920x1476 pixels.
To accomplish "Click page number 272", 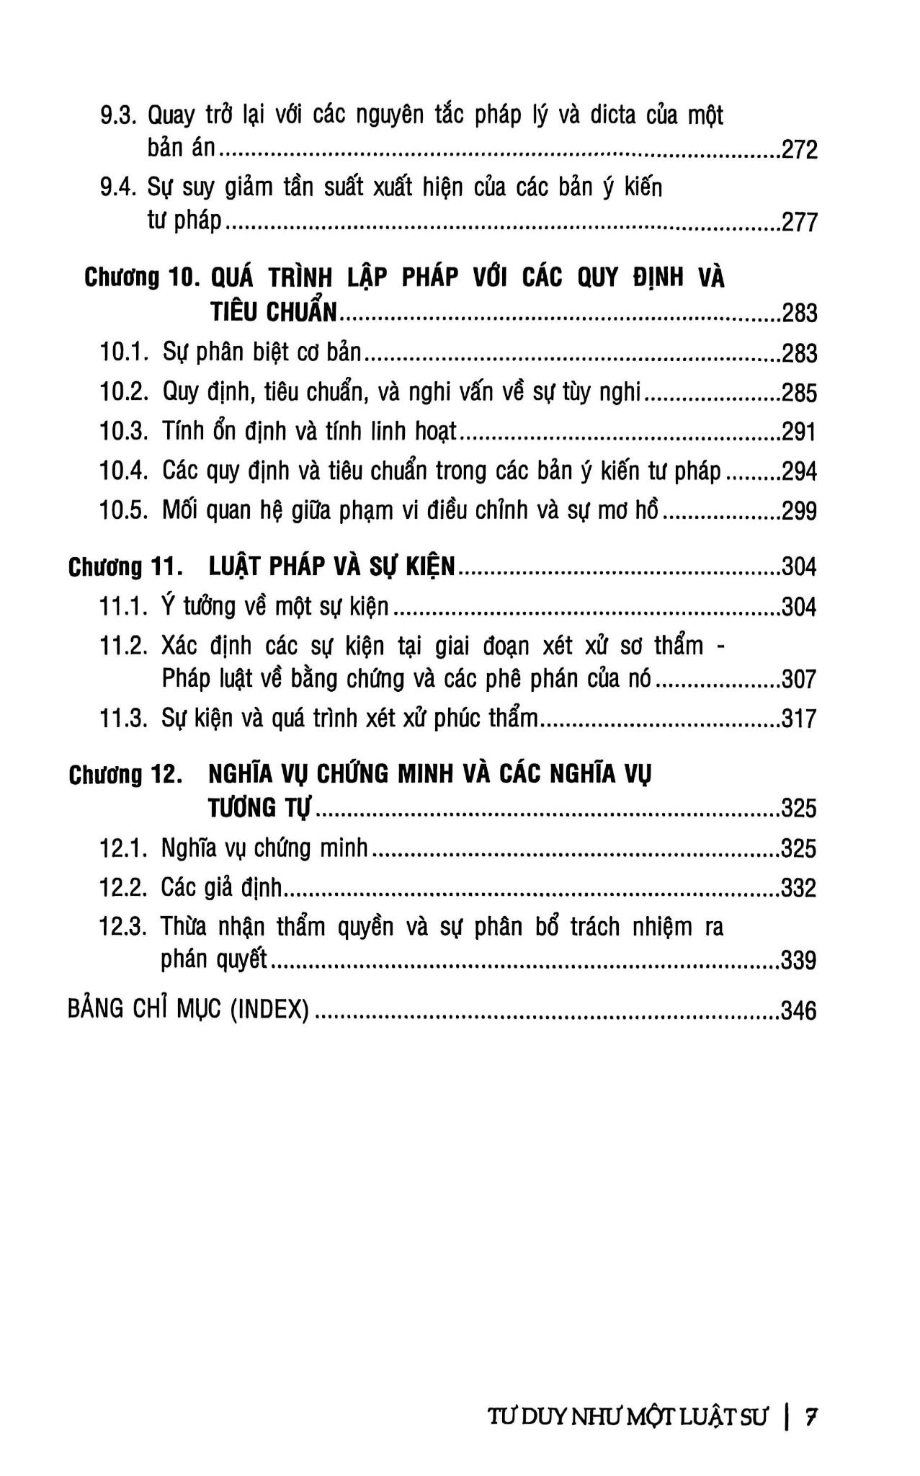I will [799, 150].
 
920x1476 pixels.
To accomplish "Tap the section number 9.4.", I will [118, 188].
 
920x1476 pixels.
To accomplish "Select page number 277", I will [799, 222].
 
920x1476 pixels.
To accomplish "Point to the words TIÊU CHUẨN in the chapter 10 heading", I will [274, 312].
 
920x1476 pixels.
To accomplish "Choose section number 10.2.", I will [124, 393].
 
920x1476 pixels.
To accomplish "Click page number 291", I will [799, 432].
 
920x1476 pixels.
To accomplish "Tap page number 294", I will [799, 472].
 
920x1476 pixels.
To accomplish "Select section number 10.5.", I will [124, 511].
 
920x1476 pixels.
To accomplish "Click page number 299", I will [799, 512].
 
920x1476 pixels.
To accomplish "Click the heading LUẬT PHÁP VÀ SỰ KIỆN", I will [332, 567].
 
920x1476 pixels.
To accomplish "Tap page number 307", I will [799, 680].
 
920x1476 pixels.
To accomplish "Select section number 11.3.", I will [123, 719].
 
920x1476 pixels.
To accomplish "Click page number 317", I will [799, 719].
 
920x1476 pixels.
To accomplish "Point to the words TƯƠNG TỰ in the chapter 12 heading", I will [260, 808].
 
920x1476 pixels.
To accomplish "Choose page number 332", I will [799, 888].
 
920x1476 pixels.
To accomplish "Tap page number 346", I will [799, 1011].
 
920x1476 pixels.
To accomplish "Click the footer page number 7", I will [811, 1417].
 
